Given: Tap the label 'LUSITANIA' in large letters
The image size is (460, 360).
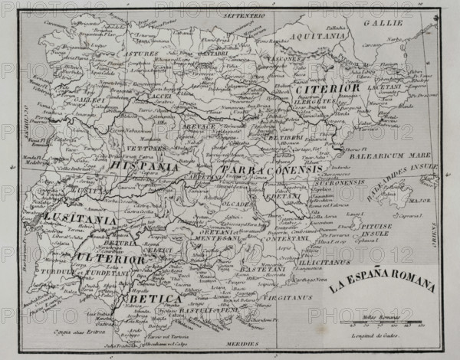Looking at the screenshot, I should coord(79,219).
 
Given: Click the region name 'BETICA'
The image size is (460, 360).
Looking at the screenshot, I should coord(154,298).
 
